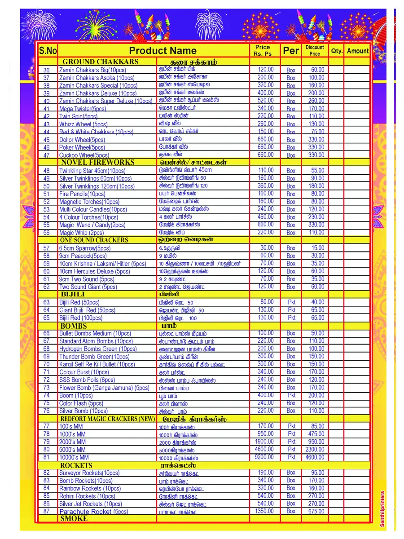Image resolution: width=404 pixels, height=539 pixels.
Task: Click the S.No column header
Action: pyautogui.click(x=48, y=51)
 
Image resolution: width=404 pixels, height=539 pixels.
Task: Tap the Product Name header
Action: pyautogui.click(x=162, y=51)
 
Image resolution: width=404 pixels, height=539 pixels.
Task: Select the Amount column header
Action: pyautogui.click(x=357, y=51)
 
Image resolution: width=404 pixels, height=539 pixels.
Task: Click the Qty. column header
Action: pyautogui.click(x=336, y=51)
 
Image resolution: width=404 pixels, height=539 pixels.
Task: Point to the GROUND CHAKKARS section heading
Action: pyautogui.click(x=101, y=62)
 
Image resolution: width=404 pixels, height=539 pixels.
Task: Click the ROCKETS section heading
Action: pyautogui.click(x=76, y=465)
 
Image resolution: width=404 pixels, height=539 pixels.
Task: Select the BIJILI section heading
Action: pyautogui.click(x=73, y=294)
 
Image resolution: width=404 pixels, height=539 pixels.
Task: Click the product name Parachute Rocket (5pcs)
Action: pyautogui.click(x=93, y=512)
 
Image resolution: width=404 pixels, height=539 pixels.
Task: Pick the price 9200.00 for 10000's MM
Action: pyautogui.click(x=264, y=457)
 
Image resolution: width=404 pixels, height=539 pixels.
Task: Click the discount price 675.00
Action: pyautogui.click(x=316, y=511)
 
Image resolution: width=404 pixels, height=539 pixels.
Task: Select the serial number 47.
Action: pyautogui.click(x=47, y=155)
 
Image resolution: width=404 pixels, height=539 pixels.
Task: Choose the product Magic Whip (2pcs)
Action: pyautogui.click(x=81, y=233)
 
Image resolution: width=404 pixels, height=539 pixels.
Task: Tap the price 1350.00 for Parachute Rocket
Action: pyautogui.click(x=264, y=511)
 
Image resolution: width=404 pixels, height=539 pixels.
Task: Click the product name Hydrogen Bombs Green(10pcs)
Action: pyautogui.click(x=98, y=349)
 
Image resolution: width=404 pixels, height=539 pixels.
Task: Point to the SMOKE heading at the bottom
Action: pyautogui.click(x=74, y=518)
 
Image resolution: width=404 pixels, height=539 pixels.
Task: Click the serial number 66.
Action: pyautogui.click(x=47, y=333)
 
